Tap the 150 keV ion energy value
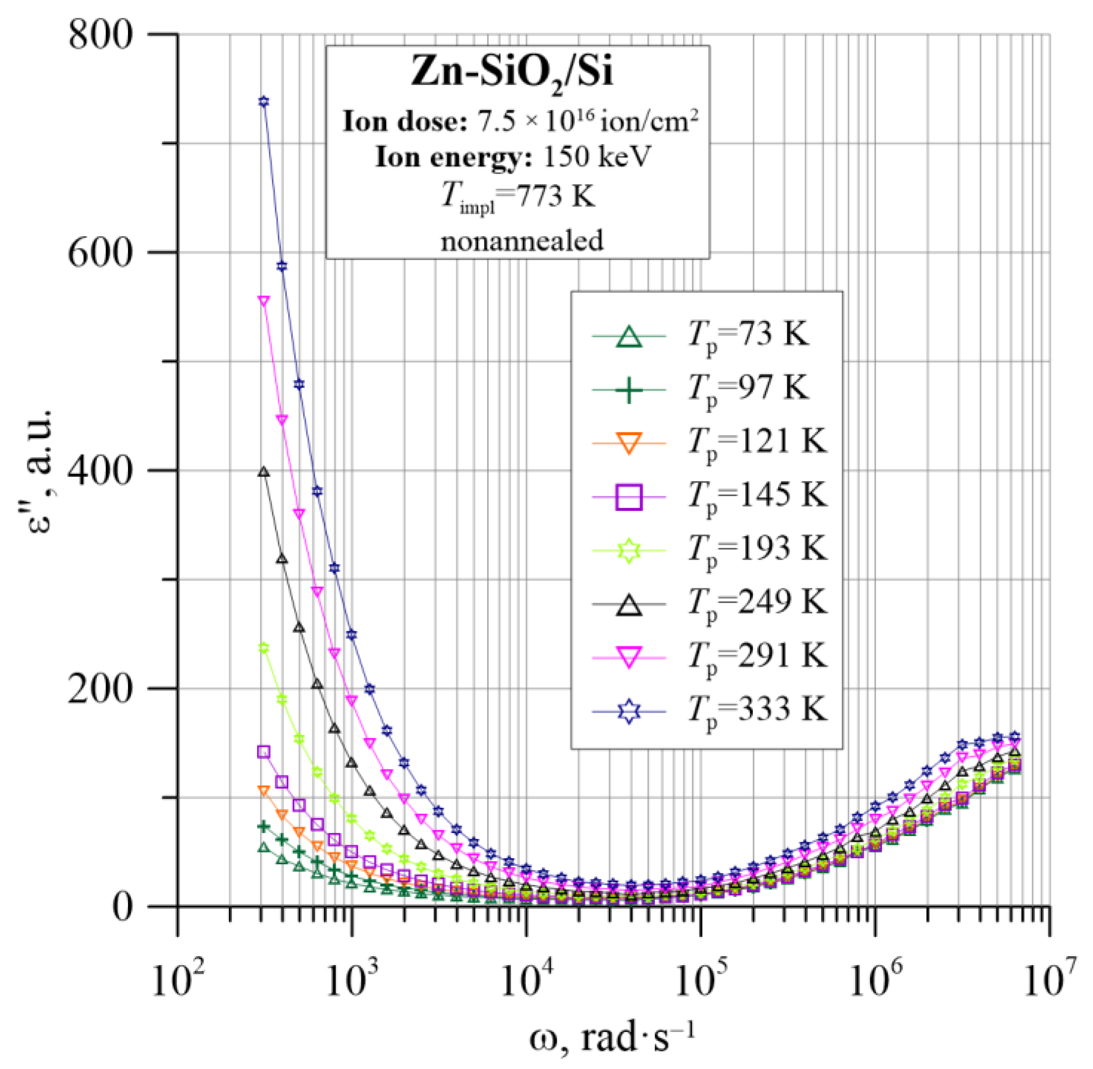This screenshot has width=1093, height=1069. pyautogui.click(x=597, y=157)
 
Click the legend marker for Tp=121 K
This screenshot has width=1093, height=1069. pyautogui.click(x=629, y=443)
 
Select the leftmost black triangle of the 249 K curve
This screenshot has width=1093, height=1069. pyautogui.click(x=264, y=473)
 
